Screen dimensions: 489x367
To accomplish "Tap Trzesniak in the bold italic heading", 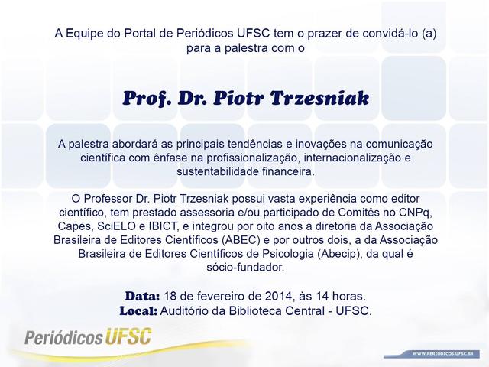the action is click(319, 99).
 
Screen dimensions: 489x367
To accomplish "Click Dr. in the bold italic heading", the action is click(193, 99).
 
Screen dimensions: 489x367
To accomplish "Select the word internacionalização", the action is click(352, 158).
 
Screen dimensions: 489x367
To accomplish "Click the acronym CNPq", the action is click(415, 213).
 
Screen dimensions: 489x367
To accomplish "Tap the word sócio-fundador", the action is click(245, 268).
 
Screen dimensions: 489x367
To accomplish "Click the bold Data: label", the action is click(143, 296).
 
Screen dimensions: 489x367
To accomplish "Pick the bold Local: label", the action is click(138, 311).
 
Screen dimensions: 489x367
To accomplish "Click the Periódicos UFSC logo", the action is click(89, 336).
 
